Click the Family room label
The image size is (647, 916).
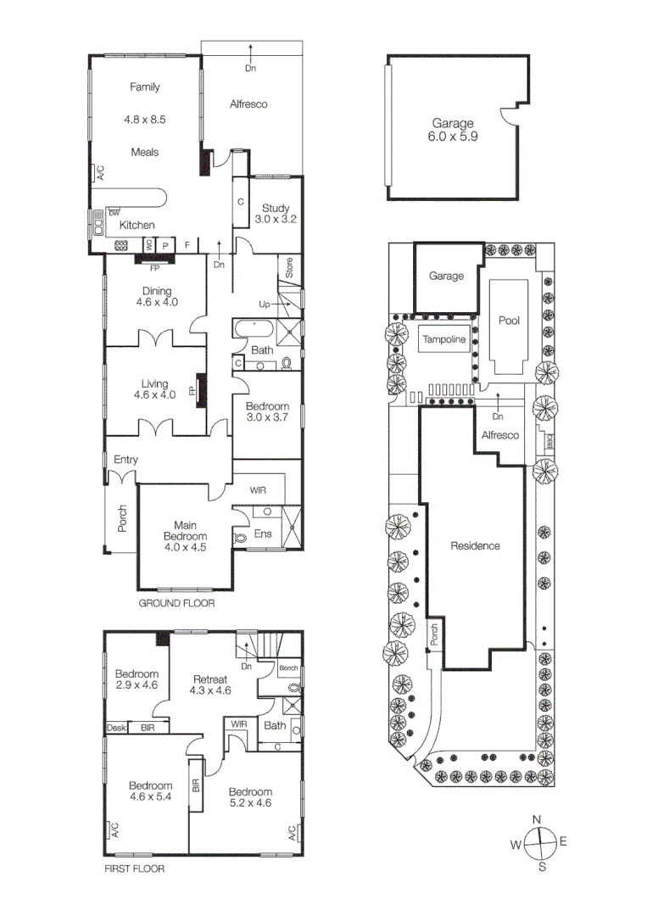coord(144,87)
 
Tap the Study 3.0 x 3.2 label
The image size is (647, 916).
coord(275,214)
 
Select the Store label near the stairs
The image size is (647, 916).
coord(289,268)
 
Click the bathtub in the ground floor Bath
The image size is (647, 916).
coord(252,330)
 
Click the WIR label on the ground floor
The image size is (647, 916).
coord(259,490)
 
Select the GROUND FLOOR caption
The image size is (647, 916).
coord(176,604)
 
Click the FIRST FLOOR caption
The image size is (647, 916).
coord(134,869)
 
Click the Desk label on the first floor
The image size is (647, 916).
coord(114,728)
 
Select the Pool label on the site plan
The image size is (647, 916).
coord(508,321)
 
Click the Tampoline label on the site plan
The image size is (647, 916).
coord(443,339)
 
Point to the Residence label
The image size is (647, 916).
coord(474,545)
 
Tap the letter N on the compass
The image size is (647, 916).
coord(536,818)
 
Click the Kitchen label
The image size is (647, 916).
coord(137,225)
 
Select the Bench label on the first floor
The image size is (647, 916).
coord(288,668)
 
